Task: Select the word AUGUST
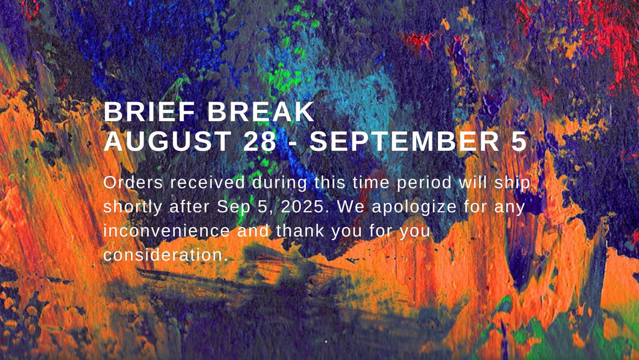[168, 141]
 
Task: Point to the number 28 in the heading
[260, 141]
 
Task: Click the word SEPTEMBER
[404, 141]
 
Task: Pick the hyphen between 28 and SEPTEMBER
[293, 143]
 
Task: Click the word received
[208, 182]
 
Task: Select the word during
[280, 184]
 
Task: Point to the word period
[424, 184]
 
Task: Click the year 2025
[305, 207]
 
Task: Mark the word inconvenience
[167, 231]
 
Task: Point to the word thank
[300, 231]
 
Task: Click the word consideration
[165, 255]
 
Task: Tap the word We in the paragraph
[351, 207]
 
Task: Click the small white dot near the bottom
[326, 342]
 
